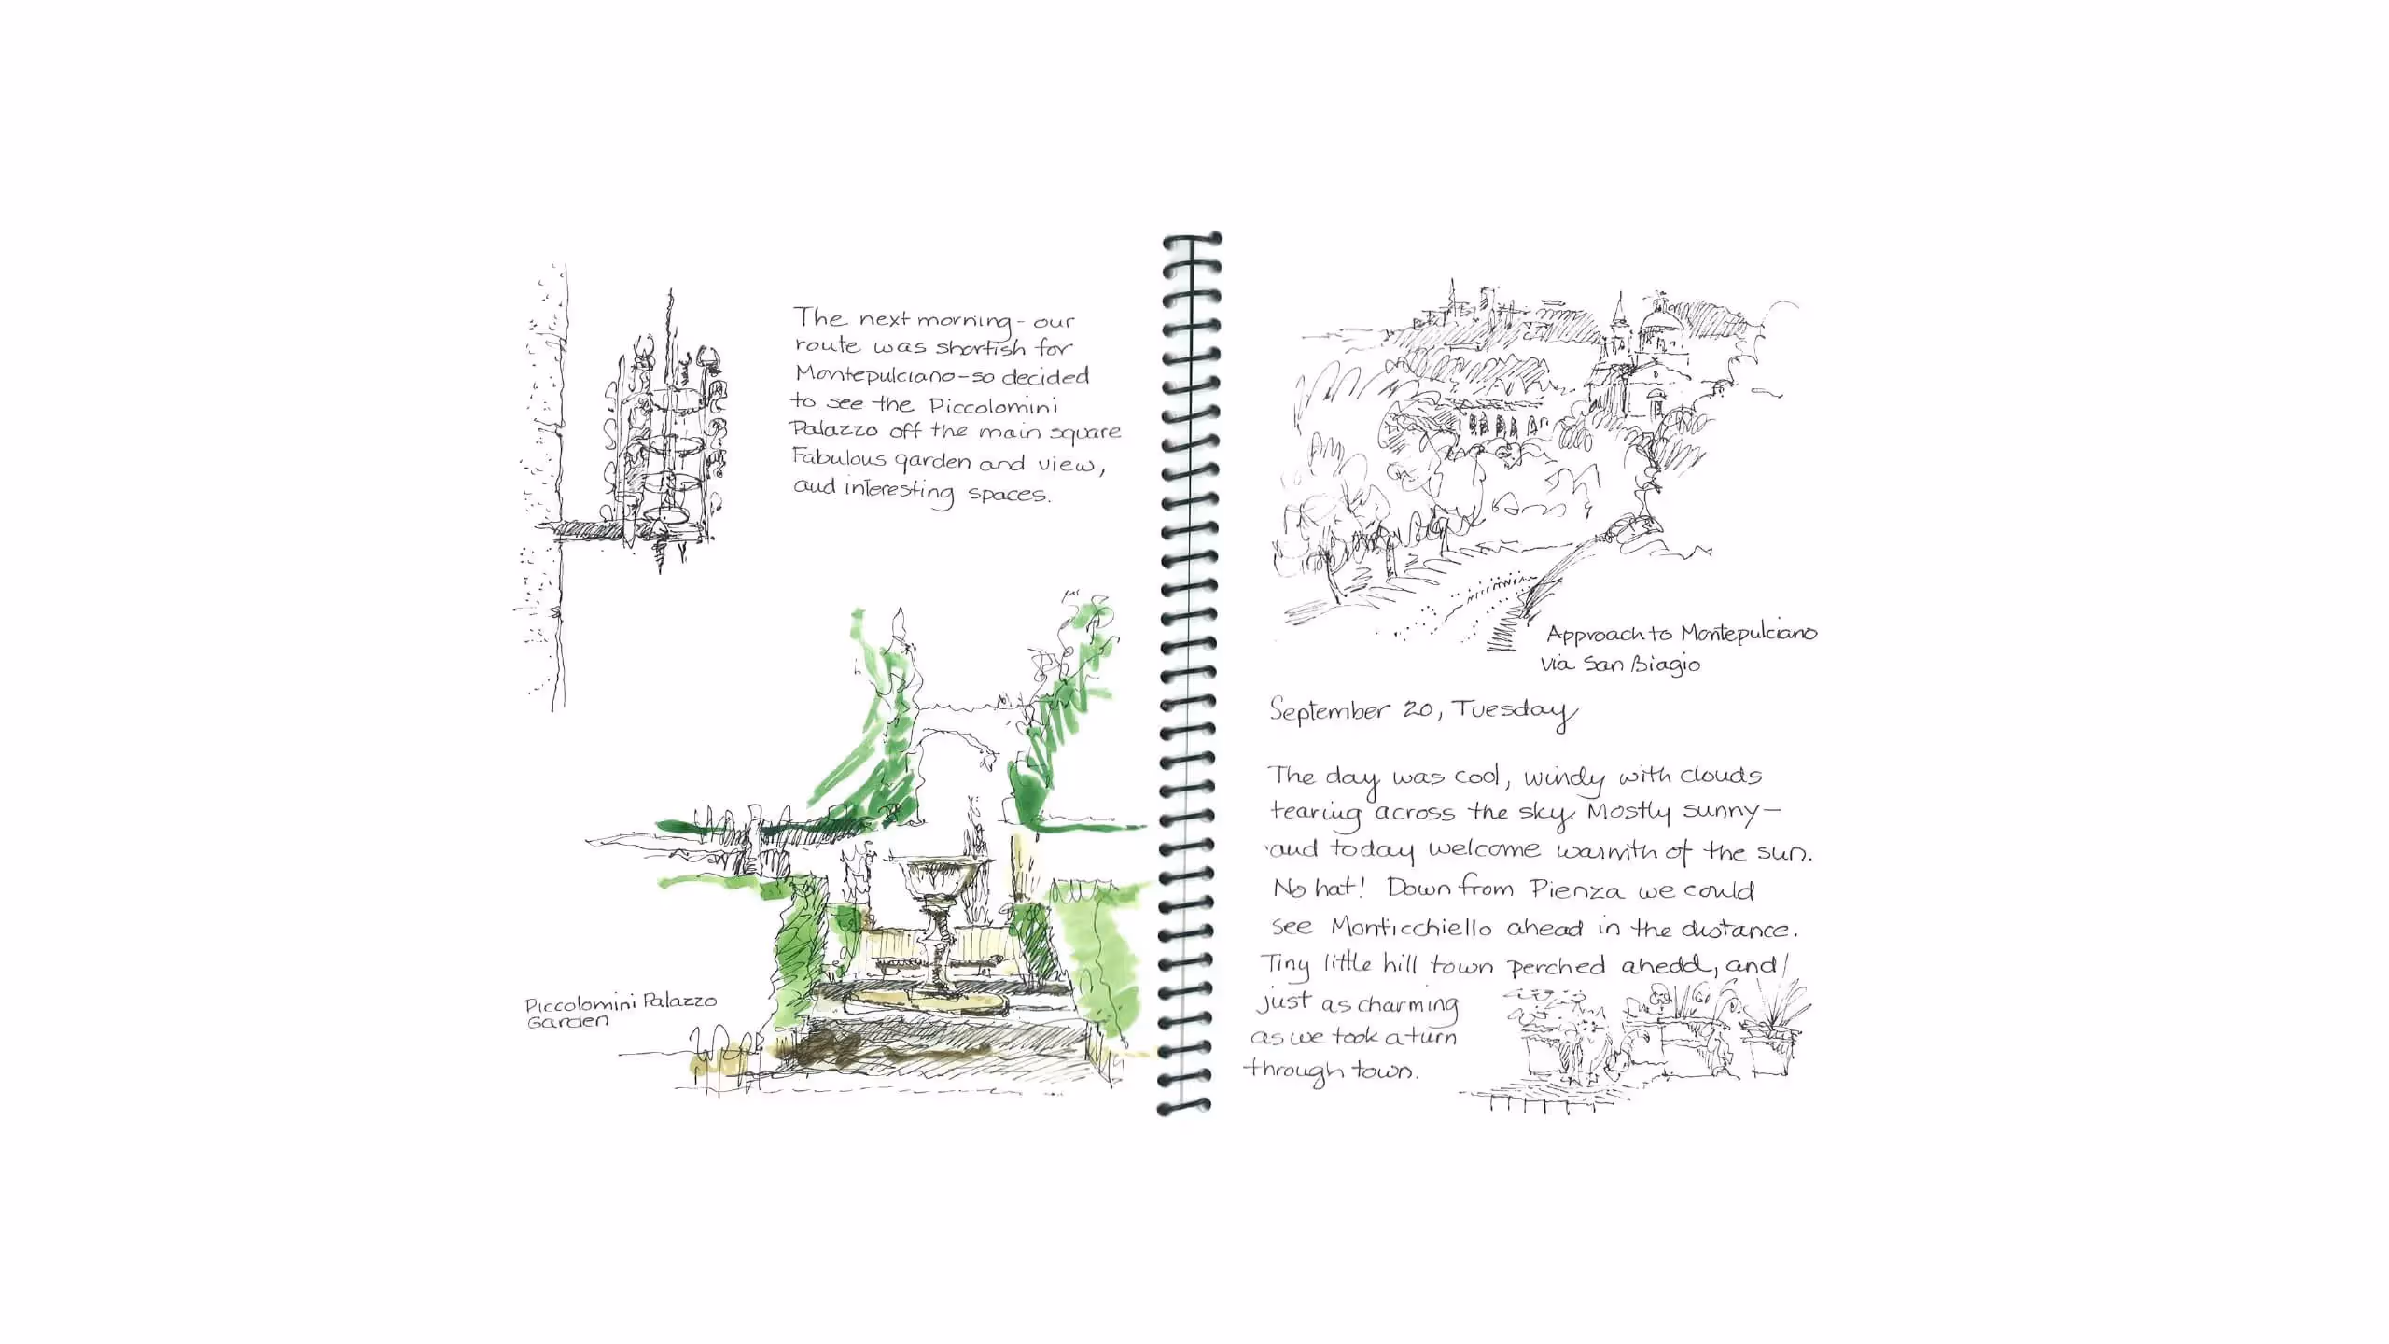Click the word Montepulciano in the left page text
[x=873, y=376]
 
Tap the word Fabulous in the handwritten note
[x=838, y=458]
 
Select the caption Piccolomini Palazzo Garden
[x=620, y=1012]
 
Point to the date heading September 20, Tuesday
[x=1422, y=711]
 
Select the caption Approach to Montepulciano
[x=1681, y=634]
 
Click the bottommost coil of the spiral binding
[x=1183, y=1107]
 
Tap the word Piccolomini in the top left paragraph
[x=993, y=407]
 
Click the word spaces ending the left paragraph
[x=1008, y=494]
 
